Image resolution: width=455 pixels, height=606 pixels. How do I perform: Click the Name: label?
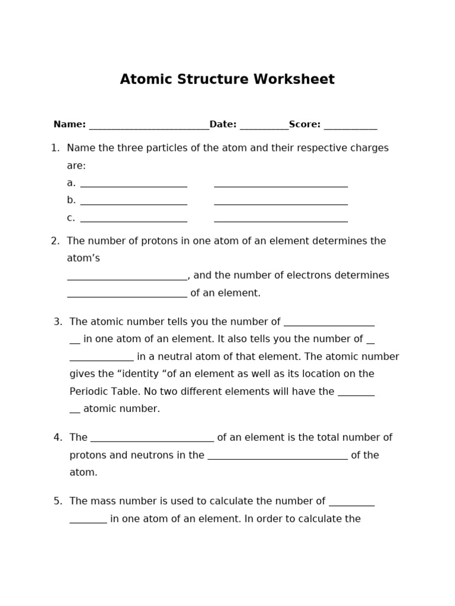coord(69,124)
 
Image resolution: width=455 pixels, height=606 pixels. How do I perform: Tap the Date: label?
coord(223,124)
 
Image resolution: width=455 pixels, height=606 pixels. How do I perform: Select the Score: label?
coord(305,124)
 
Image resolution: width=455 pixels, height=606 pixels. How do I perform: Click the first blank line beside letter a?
coord(133,185)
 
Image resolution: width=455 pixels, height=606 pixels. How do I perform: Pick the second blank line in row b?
coord(281,202)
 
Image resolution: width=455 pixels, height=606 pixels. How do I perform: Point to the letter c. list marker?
coord(71,218)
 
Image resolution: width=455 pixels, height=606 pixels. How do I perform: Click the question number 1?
coord(55,148)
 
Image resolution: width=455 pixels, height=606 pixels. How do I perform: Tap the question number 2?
coord(55,241)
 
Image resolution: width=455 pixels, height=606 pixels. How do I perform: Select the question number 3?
coord(57,322)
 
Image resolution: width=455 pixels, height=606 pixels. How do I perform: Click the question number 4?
coord(57,438)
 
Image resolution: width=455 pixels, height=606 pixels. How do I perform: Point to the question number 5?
coord(57,501)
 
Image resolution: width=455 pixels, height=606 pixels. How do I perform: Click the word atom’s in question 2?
coord(84,258)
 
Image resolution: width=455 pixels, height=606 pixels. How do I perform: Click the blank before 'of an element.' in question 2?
coord(127,295)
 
